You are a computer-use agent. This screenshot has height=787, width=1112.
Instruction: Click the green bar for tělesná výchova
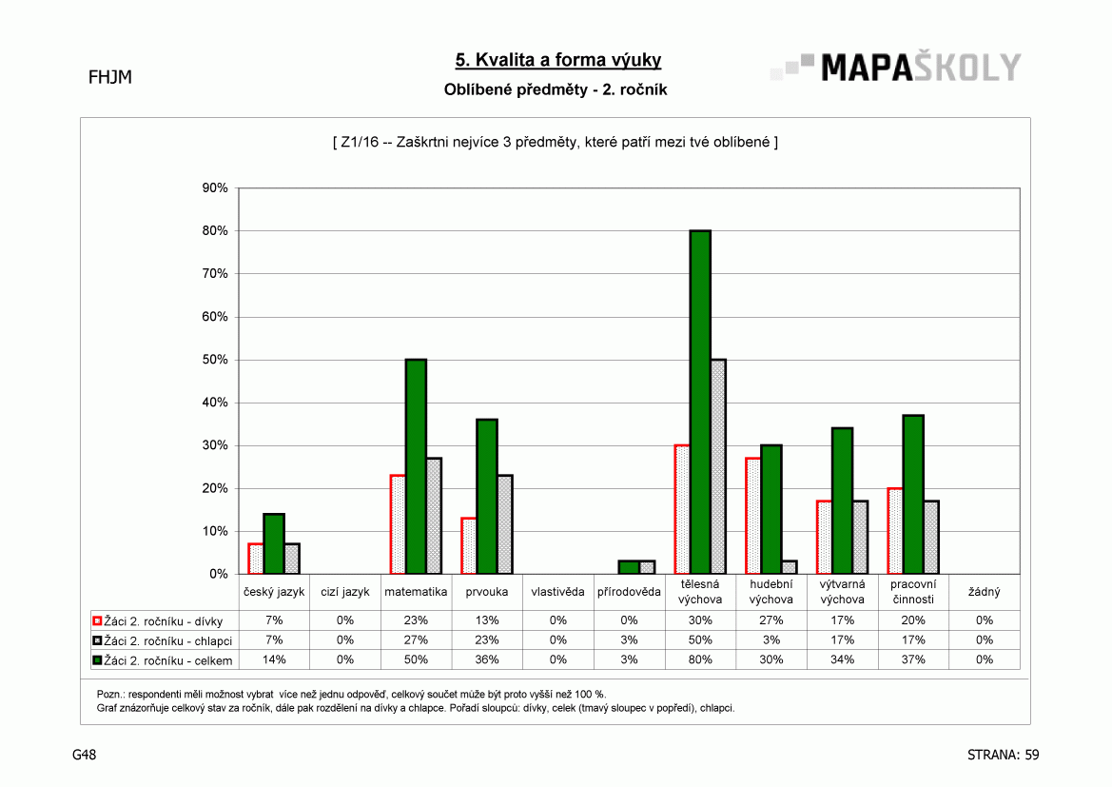click(x=700, y=402)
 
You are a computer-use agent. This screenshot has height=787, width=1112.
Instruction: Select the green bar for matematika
click(x=416, y=466)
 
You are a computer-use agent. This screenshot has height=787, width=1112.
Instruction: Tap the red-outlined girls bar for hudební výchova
click(x=752, y=516)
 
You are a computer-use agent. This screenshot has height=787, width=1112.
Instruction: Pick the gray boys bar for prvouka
click(x=505, y=524)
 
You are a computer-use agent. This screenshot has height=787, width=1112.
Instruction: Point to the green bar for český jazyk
click(x=274, y=543)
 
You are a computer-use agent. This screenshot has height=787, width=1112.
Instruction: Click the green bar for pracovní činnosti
click(x=913, y=495)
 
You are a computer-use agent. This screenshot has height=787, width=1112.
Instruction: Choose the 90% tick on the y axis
click(x=215, y=188)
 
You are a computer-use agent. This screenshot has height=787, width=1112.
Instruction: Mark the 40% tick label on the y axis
click(x=215, y=403)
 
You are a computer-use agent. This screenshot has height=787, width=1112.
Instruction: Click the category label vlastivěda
click(x=558, y=592)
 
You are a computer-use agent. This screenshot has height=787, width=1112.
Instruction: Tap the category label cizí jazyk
click(x=345, y=592)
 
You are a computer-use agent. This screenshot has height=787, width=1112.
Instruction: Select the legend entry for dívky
click(x=158, y=621)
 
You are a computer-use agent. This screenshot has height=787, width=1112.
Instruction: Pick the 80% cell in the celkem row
click(x=700, y=660)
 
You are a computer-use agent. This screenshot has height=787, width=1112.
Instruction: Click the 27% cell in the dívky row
click(x=771, y=620)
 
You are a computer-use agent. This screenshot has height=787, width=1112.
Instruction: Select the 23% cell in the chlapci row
click(x=487, y=640)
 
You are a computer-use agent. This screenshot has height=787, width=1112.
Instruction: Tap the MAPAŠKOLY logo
click(x=896, y=68)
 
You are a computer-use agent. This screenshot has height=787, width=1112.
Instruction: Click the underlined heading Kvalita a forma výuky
click(x=558, y=60)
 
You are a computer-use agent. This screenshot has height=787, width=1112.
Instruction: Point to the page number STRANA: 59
click(x=1003, y=755)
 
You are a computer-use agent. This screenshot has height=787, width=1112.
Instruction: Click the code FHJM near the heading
click(x=110, y=77)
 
